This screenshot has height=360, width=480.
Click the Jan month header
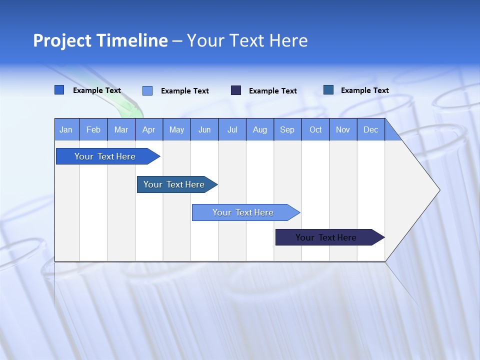pos(66,129)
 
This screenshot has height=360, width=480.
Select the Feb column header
pos(93,129)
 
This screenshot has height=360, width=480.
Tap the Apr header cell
pos(148,129)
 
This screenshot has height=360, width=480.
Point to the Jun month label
pos(204,129)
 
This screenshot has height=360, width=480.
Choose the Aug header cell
pos(259,129)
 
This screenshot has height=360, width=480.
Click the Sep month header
pos(287,129)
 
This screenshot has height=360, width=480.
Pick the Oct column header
pos(315,129)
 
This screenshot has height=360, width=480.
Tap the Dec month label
pos(370,129)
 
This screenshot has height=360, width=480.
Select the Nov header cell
pos(343,129)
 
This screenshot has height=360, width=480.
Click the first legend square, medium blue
pos(59,90)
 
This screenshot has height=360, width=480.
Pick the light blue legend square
pos(147,90)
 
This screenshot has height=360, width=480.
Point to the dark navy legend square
pos(236,90)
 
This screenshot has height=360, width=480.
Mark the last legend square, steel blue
pos(328,90)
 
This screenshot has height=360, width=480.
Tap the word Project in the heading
pos(62,40)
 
